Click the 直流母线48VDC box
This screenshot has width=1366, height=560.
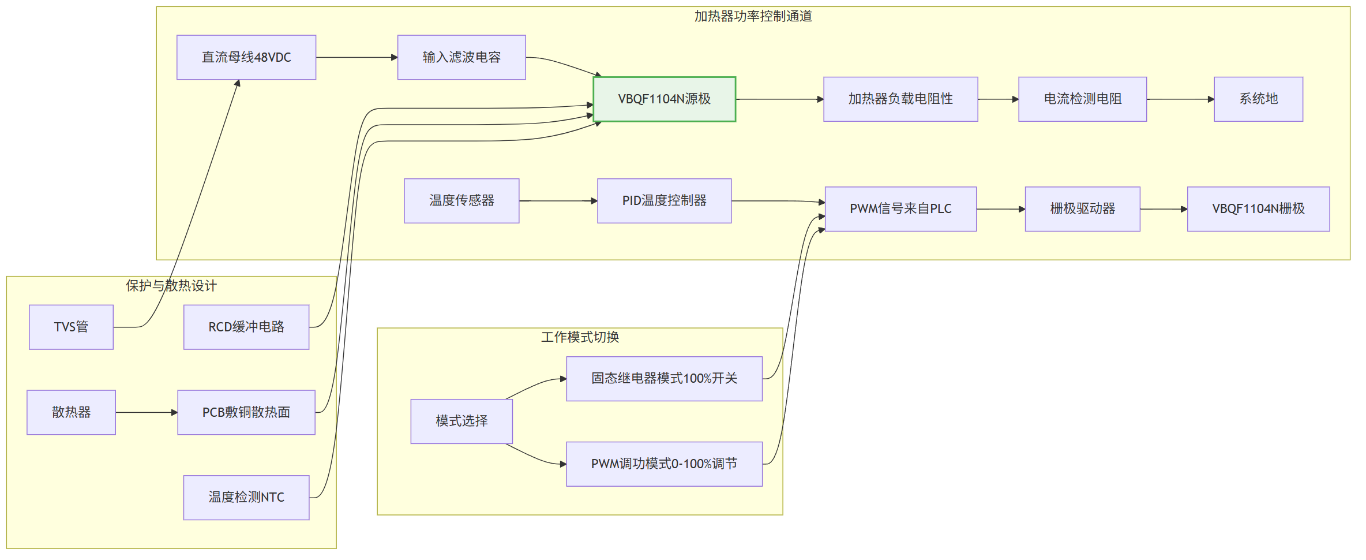click(x=246, y=57)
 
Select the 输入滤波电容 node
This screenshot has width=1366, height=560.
click(x=461, y=57)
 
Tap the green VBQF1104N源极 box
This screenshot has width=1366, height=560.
click(x=665, y=99)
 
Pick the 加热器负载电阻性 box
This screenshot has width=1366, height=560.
click(x=900, y=99)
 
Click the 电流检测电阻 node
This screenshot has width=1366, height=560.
click(x=1083, y=99)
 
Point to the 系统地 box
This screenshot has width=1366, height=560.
click(x=1259, y=99)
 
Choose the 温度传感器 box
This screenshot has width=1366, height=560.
click(x=461, y=201)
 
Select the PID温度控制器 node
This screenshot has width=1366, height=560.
click(x=665, y=201)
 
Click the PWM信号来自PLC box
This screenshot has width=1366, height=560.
click(x=900, y=209)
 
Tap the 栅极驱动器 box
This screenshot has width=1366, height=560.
click(x=1083, y=209)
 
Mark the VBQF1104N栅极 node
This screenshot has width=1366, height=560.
click(x=1259, y=209)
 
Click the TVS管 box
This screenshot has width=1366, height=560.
click(x=71, y=327)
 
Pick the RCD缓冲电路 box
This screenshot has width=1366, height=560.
click(x=246, y=327)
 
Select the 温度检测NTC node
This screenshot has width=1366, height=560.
click(x=246, y=498)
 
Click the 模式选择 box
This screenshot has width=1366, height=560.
click(x=461, y=421)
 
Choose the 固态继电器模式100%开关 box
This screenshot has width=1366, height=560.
click(x=665, y=379)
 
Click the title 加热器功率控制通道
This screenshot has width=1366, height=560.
click(x=753, y=16)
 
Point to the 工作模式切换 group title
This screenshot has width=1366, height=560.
click(x=580, y=337)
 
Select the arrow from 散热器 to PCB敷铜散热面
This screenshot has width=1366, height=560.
click(x=147, y=413)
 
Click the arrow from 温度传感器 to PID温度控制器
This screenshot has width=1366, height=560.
click(x=558, y=201)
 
